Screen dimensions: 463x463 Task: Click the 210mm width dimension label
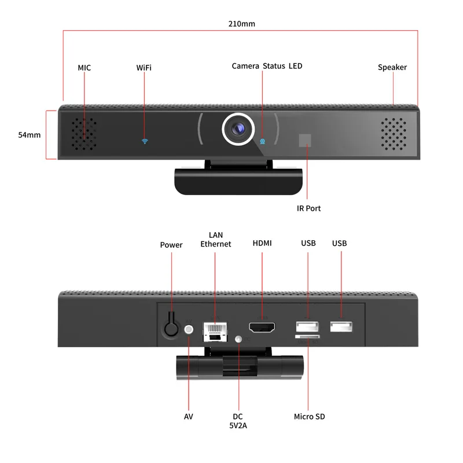coord(241,24)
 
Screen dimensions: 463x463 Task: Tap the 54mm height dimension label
coord(30,135)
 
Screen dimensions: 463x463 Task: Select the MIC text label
coord(84,68)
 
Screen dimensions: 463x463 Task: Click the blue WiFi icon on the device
coord(145,141)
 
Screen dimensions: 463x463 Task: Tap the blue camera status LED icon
coord(262,141)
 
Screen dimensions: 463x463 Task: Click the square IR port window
coord(304,141)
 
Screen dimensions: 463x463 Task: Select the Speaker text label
coord(392,67)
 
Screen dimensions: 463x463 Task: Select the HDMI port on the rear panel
coord(262,327)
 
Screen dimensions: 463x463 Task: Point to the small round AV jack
coord(189,329)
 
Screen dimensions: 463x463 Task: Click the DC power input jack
coord(238,339)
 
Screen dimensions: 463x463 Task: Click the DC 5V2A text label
coord(238,421)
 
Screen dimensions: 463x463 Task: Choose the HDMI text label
coord(262,244)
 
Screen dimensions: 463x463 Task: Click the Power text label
coord(171,245)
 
